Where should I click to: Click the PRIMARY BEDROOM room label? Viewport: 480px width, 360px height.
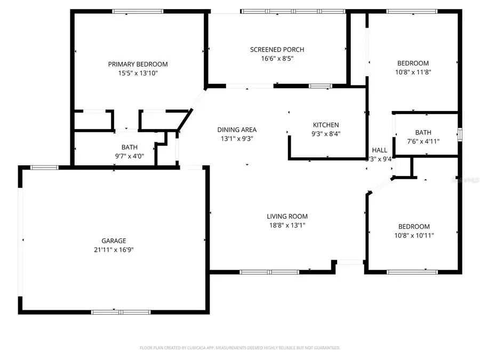pos(138,64)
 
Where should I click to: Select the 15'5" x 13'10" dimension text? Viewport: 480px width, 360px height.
pos(138,73)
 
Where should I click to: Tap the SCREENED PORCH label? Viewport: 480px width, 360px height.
pos(277,50)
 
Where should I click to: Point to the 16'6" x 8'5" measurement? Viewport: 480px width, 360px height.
pos(277,59)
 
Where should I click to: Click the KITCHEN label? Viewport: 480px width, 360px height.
pos(325,125)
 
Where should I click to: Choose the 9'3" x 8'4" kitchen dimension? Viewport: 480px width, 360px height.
pos(325,134)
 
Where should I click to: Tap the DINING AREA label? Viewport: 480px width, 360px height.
pos(237,130)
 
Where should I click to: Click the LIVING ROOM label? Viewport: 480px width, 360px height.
pos(287,217)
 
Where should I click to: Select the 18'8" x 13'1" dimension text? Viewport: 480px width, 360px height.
pos(287,226)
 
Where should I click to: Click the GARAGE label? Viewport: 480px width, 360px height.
pos(114,241)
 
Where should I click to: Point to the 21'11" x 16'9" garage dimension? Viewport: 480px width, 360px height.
pos(114,250)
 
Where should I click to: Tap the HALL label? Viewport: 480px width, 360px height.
pos(379,150)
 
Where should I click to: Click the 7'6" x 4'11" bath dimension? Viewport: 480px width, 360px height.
pos(423,141)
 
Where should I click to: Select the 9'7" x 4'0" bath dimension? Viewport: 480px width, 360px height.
pos(130,156)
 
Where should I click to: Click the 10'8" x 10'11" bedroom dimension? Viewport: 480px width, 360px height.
pos(414,235)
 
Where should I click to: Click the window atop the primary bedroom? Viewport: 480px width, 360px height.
pos(138,11)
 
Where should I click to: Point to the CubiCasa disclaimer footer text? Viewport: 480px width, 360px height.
pos(239,348)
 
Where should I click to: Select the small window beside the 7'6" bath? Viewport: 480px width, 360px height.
pos(460,133)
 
